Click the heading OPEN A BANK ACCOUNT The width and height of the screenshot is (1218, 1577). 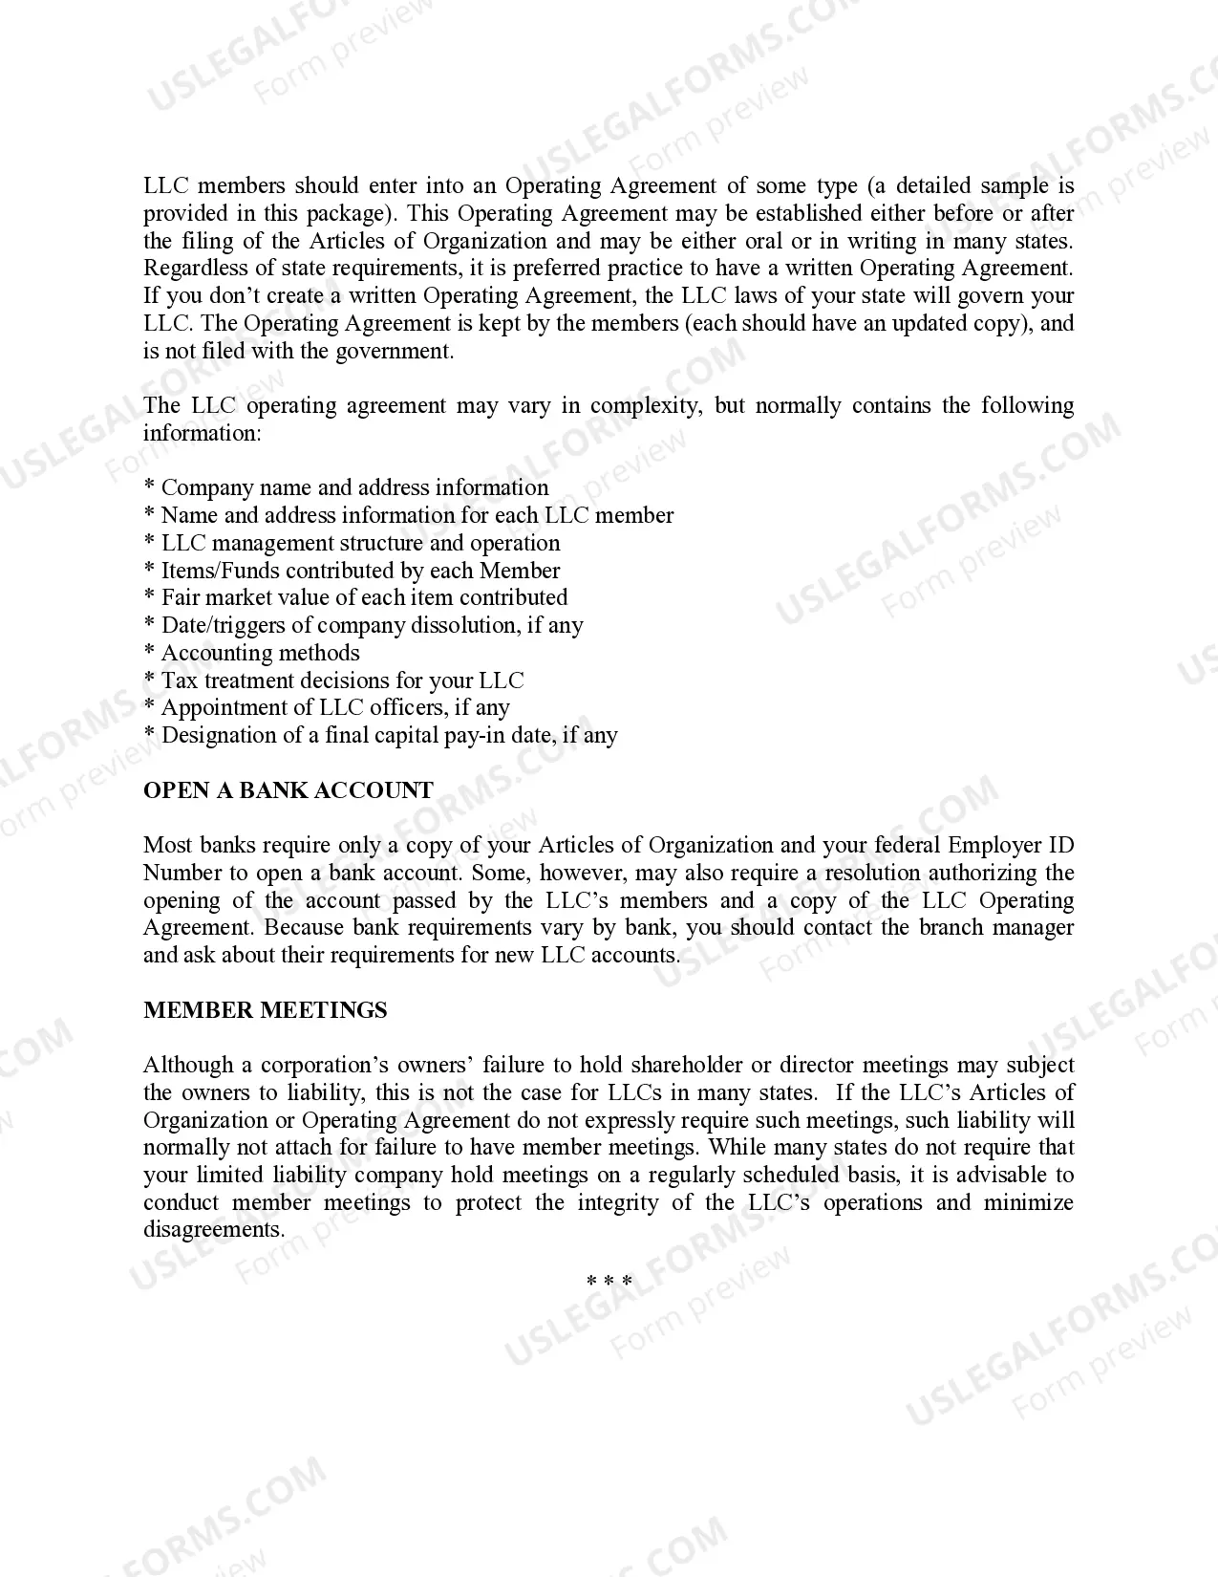coord(288,790)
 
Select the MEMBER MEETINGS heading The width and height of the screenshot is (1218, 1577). coord(265,1010)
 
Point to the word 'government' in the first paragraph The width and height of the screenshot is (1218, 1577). coord(400,351)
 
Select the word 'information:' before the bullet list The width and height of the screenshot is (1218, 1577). coord(202,433)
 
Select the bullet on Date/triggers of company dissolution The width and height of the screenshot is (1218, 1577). coord(372,625)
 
